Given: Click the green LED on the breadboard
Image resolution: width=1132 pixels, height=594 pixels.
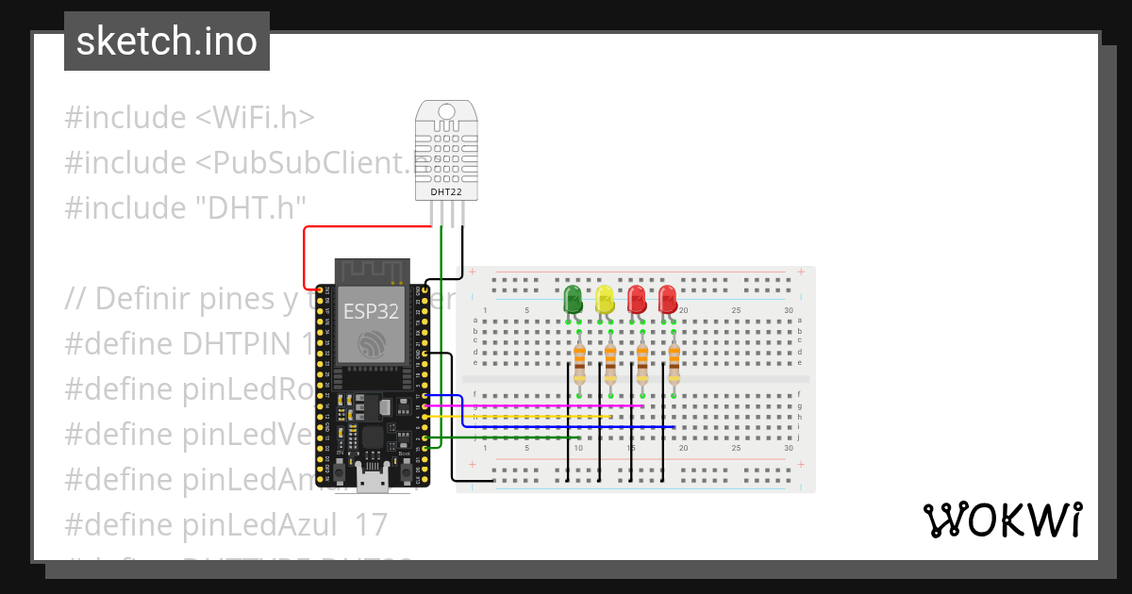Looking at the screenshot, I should (x=573, y=301).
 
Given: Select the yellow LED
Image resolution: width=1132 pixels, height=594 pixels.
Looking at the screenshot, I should (x=605, y=301).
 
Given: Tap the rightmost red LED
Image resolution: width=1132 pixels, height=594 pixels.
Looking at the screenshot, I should (x=668, y=301).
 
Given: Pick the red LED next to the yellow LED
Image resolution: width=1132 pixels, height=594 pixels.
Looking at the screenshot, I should (x=637, y=301).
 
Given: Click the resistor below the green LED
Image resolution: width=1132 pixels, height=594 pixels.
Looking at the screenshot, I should (x=579, y=362).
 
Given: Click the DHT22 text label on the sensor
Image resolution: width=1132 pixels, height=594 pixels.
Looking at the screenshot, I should (x=446, y=192).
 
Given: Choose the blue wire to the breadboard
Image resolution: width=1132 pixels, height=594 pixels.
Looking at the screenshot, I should (x=566, y=427).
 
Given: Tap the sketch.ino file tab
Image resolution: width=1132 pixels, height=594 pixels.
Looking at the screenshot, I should (x=167, y=41).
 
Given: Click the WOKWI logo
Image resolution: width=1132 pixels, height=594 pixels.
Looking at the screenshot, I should (x=1001, y=520).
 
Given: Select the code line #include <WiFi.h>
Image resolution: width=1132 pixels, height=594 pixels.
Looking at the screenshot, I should (x=189, y=118).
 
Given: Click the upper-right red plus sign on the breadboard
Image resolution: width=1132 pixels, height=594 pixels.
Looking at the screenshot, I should (x=801, y=272).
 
